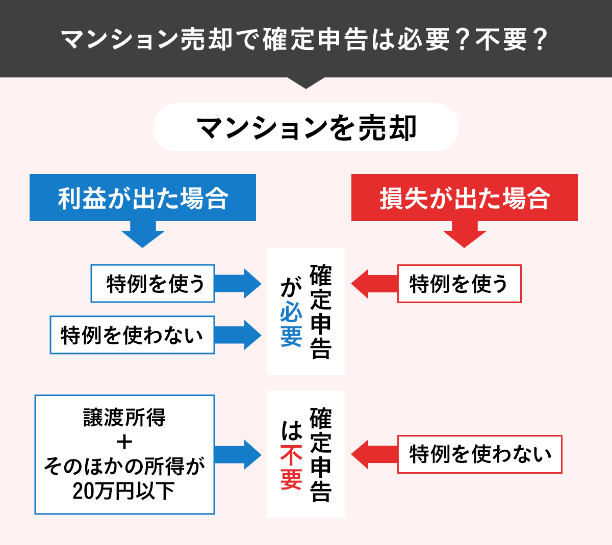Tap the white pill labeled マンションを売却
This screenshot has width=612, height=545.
coord(306,127)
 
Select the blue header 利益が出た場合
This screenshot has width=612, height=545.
coord(143,198)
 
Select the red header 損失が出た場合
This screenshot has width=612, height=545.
coord(464,198)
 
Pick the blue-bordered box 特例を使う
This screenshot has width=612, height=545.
coord(153,284)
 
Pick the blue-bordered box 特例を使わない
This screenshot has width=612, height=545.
coord(132,335)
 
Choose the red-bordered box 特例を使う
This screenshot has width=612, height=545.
coord(459,284)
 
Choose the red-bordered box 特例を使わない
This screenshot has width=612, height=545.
coord(479,454)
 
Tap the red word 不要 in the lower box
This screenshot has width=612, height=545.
coord(291,467)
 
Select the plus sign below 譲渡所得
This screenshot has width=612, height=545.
coord(124,442)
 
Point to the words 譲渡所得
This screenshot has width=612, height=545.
coord(124,418)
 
